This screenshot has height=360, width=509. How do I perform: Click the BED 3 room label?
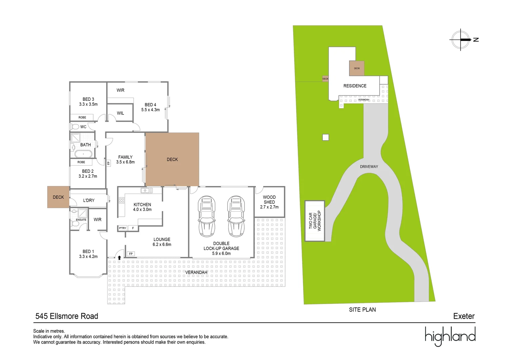click(x=88, y=99)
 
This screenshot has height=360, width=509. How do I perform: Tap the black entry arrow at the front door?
click(x=119, y=257)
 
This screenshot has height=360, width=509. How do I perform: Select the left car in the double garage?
click(x=207, y=216)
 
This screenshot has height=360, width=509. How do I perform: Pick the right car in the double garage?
click(x=236, y=216)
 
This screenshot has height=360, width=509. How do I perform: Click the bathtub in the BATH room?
click(x=83, y=154)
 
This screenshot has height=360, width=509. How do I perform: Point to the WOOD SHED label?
click(x=269, y=200)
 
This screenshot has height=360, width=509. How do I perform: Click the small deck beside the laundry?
click(x=58, y=197)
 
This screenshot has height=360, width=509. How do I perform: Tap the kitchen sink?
click(x=146, y=191)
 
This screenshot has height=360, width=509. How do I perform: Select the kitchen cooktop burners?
click(x=122, y=200)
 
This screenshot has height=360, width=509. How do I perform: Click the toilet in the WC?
click(x=75, y=127)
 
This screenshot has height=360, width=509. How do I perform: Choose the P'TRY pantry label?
click(x=123, y=228)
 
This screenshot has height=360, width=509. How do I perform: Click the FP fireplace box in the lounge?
click(x=131, y=254)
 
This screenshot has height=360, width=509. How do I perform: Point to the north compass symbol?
click(x=461, y=40)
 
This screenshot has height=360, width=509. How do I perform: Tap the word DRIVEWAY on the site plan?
click(x=369, y=167)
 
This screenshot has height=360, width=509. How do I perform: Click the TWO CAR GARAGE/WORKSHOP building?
click(x=315, y=221)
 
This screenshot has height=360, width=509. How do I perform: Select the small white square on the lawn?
click(x=325, y=137)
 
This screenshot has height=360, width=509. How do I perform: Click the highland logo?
click(x=450, y=336)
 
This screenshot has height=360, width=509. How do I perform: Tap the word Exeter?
click(x=464, y=316)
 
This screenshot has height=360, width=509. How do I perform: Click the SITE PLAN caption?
click(x=362, y=310)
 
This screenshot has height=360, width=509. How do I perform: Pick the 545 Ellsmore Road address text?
click(x=67, y=316)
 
